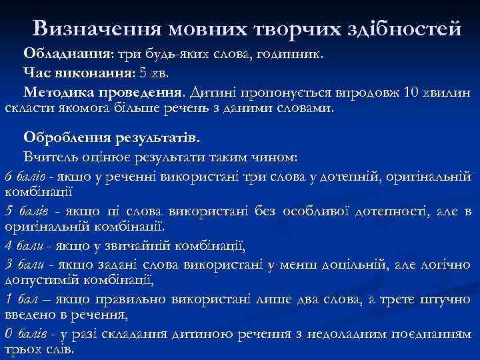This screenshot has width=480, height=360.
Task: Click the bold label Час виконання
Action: point(78,72)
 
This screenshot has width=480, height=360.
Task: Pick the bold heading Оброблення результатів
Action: point(111,137)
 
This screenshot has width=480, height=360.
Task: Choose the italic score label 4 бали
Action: point(25,247)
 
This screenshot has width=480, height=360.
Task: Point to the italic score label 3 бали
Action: point(25,265)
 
